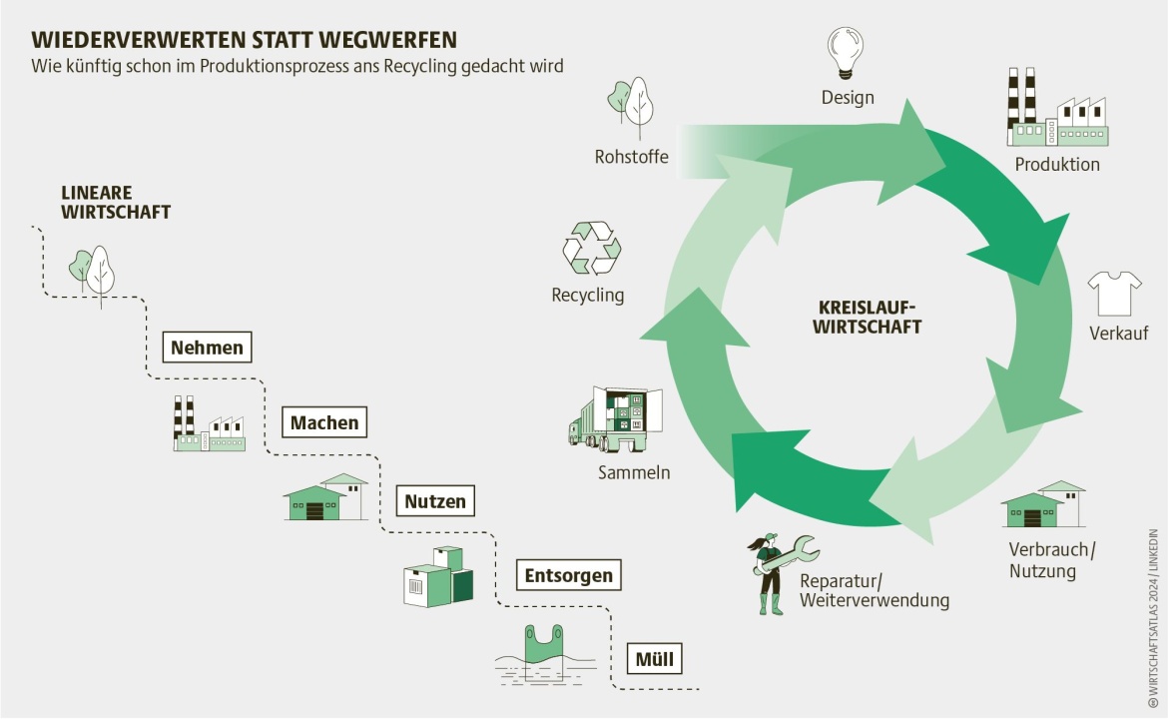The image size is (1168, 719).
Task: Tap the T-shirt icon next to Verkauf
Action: tap(1114, 293)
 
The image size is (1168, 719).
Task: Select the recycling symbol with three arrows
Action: tap(592, 249)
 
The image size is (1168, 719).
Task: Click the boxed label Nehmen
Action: tap(207, 348)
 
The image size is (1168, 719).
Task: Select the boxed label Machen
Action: tap(324, 422)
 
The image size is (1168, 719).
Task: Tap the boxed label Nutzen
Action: tap(435, 500)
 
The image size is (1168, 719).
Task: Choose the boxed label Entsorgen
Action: tap(569, 575)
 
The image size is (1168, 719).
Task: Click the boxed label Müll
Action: tap(654, 658)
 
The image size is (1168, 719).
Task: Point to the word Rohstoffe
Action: tap(631, 157)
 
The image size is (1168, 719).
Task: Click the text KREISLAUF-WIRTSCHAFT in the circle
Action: tap(867, 317)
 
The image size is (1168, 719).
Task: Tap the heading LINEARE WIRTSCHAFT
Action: tap(116, 202)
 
